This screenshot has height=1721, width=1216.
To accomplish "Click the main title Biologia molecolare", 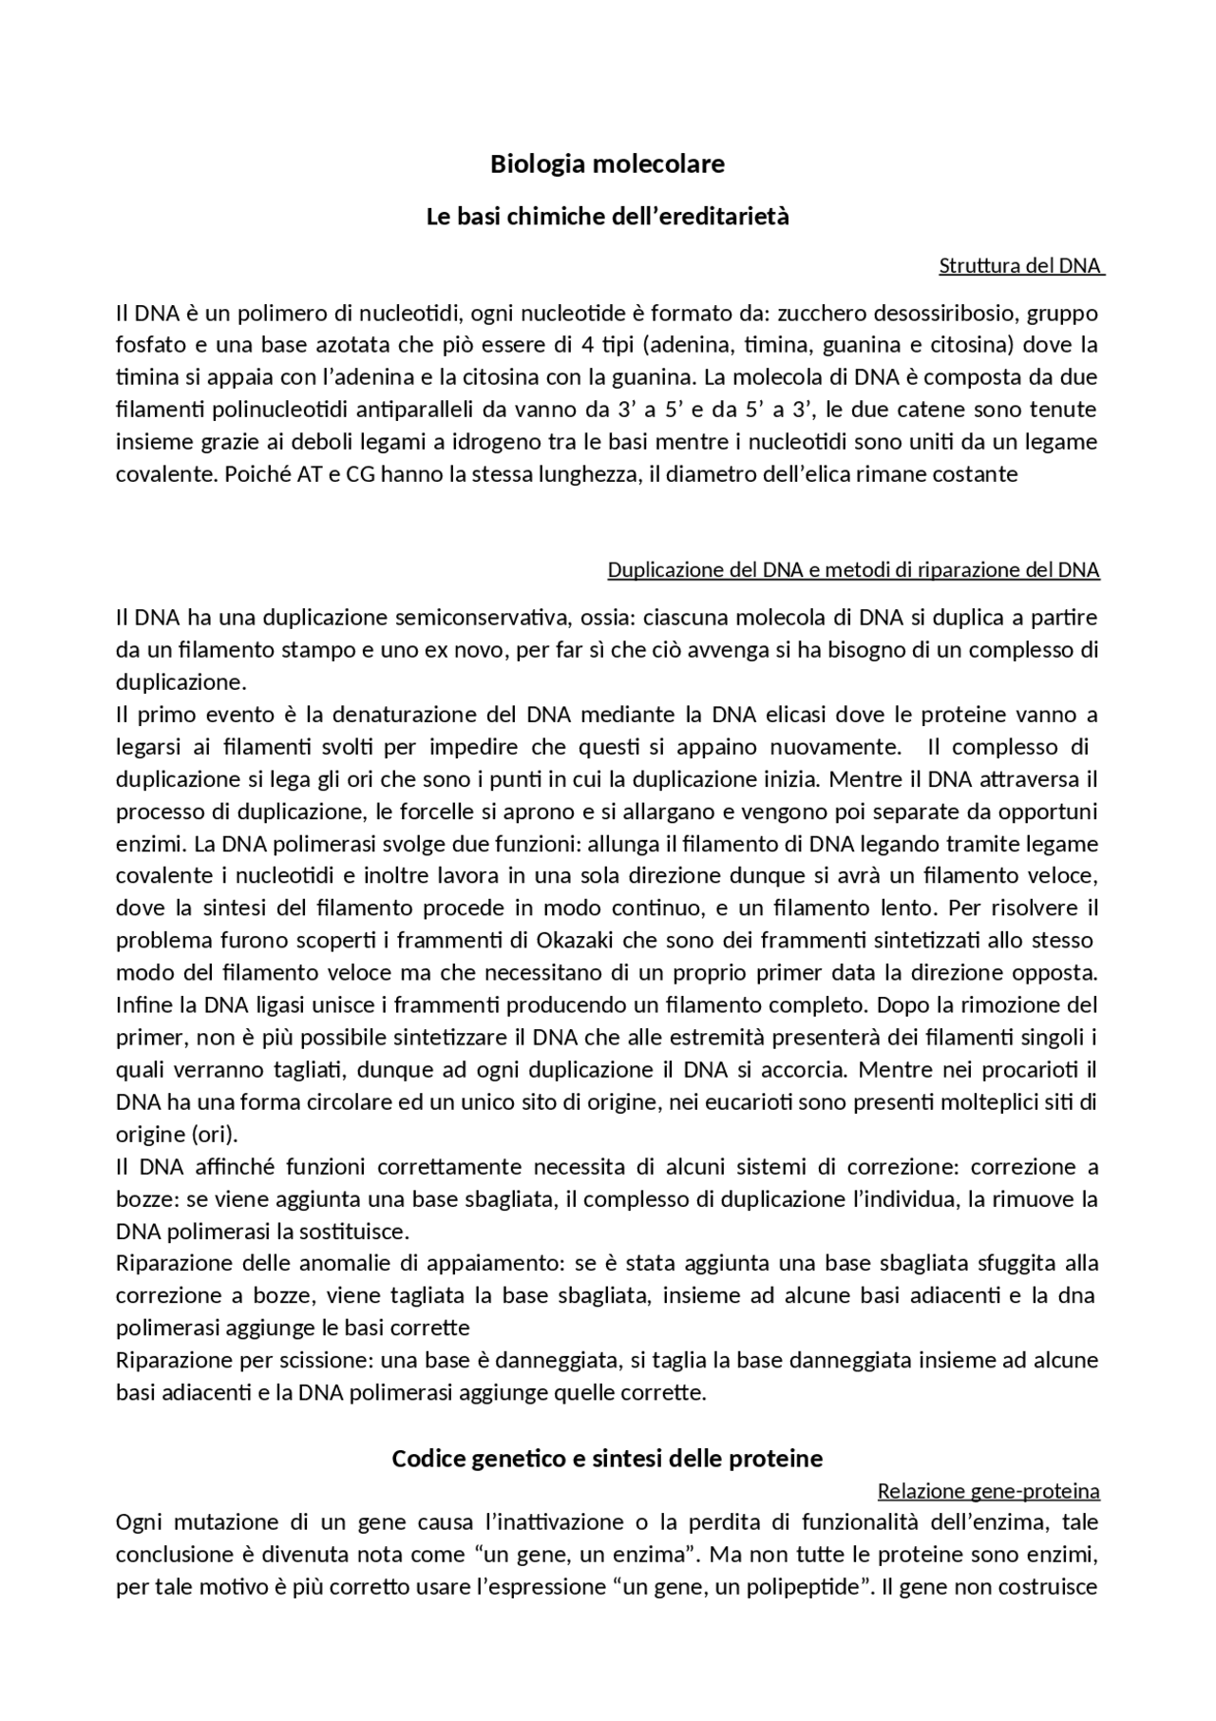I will pos(607,164).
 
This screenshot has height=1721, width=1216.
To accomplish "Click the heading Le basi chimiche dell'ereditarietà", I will pos(607,217).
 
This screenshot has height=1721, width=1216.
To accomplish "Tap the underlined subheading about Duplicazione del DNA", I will pos(853,570).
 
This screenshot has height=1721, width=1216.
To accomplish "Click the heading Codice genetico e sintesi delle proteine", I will pos(607,1458).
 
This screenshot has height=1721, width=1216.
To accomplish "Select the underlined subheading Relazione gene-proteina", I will pos(988,1490).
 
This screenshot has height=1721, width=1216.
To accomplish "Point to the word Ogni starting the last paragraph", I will pos(140,1522).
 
